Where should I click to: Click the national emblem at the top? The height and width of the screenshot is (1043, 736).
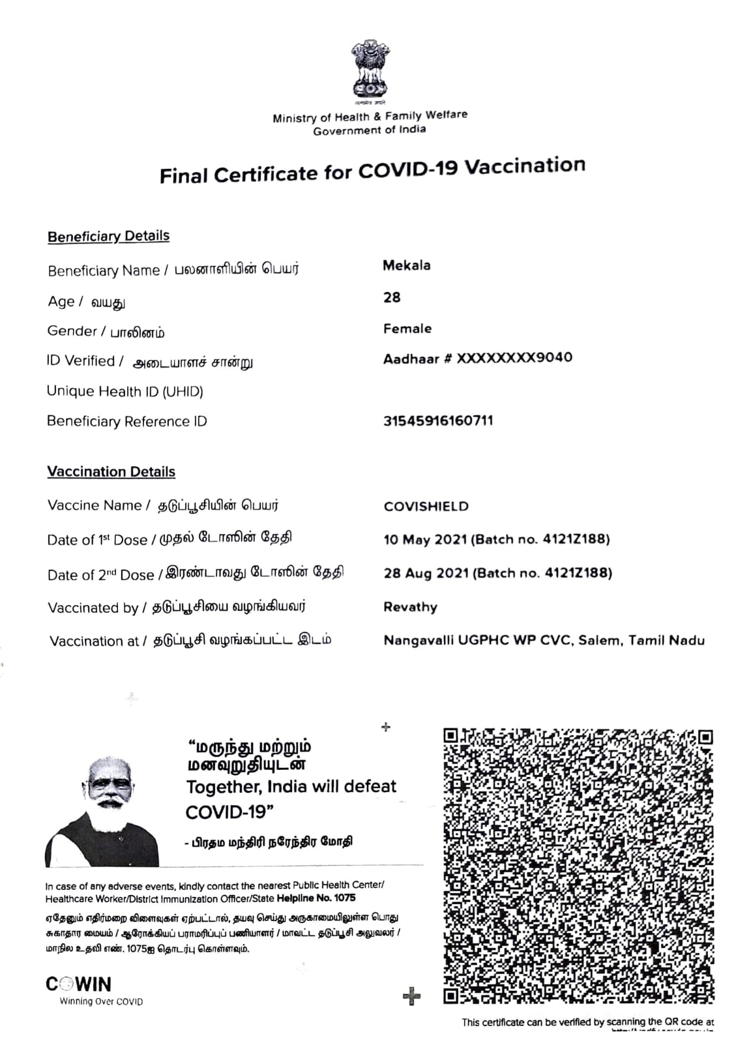coord(369,70)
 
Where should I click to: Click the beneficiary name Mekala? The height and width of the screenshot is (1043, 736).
coord(406,265)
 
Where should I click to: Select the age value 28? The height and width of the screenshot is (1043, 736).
coord(392,297)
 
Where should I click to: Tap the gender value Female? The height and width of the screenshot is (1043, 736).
coord(407,329)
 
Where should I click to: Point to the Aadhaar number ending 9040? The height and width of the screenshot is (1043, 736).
coord(477,358)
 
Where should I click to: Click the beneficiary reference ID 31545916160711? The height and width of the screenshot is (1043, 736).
coord(437,421)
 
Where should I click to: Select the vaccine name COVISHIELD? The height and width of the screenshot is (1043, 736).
coord(426,507)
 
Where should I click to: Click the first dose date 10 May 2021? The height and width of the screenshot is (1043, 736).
coord(425,540)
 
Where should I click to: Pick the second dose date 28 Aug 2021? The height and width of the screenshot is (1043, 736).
coord(426,574)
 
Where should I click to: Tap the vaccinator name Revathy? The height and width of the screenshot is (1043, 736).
coord(410,607)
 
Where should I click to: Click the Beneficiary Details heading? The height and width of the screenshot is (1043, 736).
coord(108,236)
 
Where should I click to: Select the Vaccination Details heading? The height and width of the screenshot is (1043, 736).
coord(111,471)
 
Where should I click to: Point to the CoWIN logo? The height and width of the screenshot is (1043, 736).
coord(79,984)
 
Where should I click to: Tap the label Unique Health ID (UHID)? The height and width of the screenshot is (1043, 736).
coord(125,391)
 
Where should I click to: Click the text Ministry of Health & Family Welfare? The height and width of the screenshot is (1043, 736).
coord(370,117)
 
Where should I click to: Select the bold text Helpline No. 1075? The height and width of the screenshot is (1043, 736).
coord(316,898)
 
